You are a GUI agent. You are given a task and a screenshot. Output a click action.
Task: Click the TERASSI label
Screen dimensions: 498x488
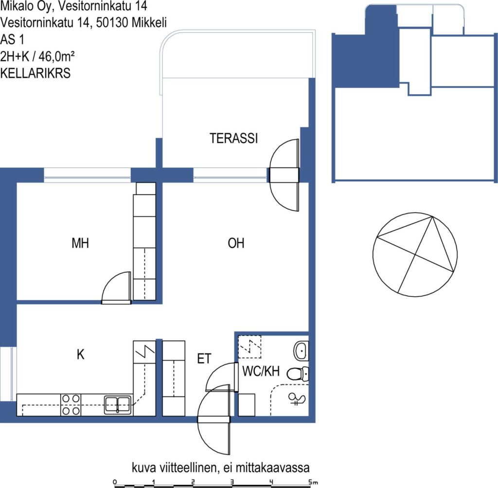coord(233,138)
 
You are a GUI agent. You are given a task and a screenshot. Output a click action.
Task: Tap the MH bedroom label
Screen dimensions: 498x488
coord(80,243)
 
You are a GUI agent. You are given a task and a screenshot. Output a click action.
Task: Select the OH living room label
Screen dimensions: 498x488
coord(236,243)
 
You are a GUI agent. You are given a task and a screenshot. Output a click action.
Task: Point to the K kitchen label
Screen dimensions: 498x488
coord(80,354)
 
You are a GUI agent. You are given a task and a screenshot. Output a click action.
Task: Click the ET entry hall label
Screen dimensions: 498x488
coord(204,359)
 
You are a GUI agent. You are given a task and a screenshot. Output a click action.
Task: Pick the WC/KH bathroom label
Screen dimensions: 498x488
coord(261,370)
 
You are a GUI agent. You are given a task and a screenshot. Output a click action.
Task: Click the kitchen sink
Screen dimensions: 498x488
coord(118,405)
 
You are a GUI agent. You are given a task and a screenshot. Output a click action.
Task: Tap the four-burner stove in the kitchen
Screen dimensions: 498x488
coord(71,404)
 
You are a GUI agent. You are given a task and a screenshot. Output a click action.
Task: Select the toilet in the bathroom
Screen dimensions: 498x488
coord(298,373)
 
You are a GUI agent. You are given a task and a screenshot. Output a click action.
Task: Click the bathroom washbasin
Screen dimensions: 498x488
coord(301,351)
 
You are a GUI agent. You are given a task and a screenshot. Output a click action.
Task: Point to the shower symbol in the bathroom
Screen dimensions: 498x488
coord(297,399)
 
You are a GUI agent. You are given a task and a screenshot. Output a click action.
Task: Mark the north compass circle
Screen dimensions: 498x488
coord(415,254)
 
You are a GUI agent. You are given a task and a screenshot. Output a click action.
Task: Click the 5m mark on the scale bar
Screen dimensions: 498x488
coord(312,482)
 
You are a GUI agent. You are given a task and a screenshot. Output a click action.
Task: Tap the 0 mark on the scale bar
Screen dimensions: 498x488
coord(115,482)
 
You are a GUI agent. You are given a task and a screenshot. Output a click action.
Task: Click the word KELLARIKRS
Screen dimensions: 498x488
coord(35,73)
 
